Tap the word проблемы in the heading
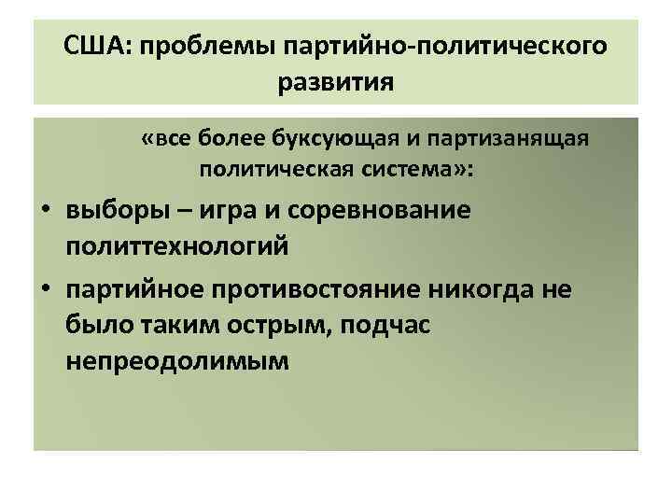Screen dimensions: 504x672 click(x=202, y=45)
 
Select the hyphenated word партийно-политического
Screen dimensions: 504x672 click(x=443, y=45)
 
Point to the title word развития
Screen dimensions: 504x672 click(x=336, y=82)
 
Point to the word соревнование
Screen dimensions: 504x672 click(x=387, y=210)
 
